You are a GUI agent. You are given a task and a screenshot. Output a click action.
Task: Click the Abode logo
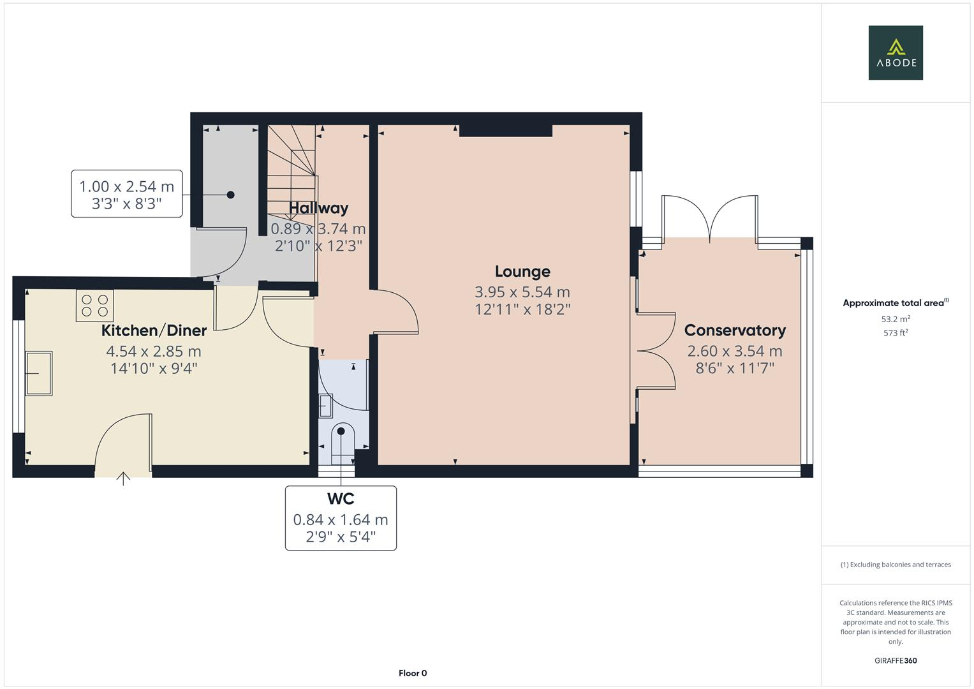895,53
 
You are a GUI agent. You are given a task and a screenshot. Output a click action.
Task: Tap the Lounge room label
522,272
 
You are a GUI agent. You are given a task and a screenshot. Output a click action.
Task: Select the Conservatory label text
734,330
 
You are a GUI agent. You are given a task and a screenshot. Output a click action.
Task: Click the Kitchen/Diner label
154,330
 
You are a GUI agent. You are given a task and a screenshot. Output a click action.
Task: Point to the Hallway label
318,208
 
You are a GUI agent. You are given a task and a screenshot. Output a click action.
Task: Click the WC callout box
341,518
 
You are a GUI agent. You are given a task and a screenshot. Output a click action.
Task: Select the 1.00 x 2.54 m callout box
126,194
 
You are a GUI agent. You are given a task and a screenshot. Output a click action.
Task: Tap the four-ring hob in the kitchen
95,306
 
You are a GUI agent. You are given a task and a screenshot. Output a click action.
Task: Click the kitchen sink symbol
38,373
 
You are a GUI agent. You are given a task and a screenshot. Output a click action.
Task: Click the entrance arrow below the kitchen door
123,478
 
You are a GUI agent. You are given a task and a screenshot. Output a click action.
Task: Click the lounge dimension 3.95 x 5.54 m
522,292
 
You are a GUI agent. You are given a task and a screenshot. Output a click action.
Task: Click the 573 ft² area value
895,333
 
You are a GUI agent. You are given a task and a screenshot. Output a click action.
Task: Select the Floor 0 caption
412,673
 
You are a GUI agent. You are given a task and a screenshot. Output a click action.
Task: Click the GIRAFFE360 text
895,661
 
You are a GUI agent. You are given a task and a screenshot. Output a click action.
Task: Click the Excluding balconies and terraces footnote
895,565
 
